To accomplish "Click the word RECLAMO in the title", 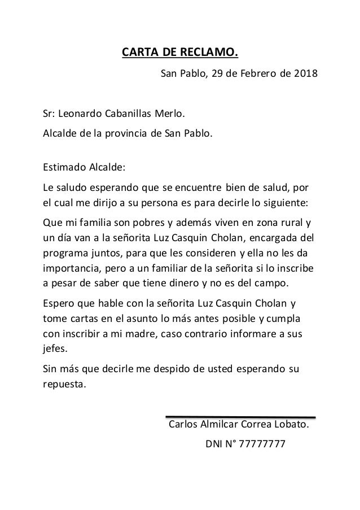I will point(210,54).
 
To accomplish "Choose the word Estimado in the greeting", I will point(63,168).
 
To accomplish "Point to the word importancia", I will point(71,265).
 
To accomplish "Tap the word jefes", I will point(55,348).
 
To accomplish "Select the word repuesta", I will point(64,386).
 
